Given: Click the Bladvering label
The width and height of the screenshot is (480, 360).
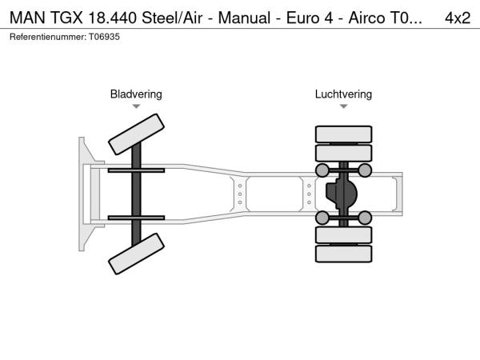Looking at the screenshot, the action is click(136, 94).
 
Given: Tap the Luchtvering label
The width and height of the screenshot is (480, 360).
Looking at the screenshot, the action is click(343, 94).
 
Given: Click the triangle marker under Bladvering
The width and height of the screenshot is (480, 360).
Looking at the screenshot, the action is click(136, 106).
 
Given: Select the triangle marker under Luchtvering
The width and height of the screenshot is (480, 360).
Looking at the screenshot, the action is click(343, 106).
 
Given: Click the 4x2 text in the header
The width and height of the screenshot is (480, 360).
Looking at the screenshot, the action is click(458, 18).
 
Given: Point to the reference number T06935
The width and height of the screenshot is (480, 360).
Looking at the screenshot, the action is click(104, 37).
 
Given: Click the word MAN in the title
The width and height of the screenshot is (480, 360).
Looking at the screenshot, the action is click(27, 18).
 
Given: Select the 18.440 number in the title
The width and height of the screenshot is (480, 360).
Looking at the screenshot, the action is click(112, 18).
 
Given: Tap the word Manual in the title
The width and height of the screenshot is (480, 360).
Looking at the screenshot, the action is click(244, 18).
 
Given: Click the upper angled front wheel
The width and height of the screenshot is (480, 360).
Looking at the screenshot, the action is click(136, 134).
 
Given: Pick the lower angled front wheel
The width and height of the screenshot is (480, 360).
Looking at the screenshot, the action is click(136, 254).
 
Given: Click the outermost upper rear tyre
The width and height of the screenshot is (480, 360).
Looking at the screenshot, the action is click(343, 134).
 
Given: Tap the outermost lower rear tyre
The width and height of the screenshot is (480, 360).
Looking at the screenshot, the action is click(343, 254).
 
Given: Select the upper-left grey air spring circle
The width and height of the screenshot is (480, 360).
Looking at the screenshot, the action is click(322, 170).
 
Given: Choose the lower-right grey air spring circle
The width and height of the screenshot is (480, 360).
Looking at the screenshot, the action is click(365, 218).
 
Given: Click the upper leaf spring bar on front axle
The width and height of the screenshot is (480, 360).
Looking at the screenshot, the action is click(136, 170).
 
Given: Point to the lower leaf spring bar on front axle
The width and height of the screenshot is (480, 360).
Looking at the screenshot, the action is click(136, 218).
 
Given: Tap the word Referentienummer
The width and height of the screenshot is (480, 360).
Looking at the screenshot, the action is click(48, 37).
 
